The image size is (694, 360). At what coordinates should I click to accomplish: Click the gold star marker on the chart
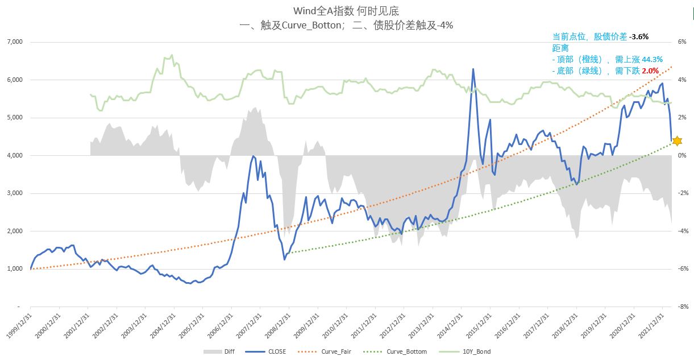pos(676,140)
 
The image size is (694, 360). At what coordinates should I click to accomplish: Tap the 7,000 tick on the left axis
pos(14,42)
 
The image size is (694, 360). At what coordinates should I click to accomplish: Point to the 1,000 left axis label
pos(14,269)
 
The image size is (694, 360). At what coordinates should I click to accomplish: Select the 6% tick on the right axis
pos(681,42)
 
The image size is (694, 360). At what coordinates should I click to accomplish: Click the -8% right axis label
pos(682,307)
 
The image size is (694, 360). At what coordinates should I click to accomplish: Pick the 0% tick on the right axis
pos(681,155)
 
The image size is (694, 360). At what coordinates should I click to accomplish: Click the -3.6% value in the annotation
pos(639,36)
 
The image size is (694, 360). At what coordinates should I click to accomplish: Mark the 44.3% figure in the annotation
pos(652,59)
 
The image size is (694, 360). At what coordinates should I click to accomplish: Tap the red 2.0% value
pos(650,71)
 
